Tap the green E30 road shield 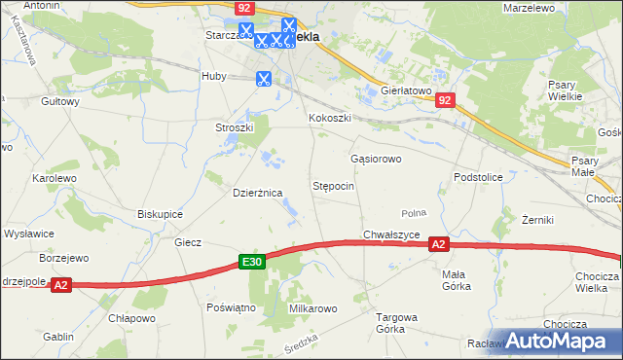coord(252,262)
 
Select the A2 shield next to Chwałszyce coord(439,245)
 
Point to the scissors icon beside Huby coord(263,79)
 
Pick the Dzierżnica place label coord(257,193)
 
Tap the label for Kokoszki coord(330,119)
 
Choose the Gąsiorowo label coord(376,158)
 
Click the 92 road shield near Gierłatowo coord(446,99)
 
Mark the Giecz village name coord(188,242)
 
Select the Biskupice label coord(161,213)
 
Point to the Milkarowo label coord(312,308)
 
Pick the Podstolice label coord(477,177)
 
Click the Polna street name coord(415,212)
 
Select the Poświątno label coord(231,306)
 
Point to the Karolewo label coord(54,179)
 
